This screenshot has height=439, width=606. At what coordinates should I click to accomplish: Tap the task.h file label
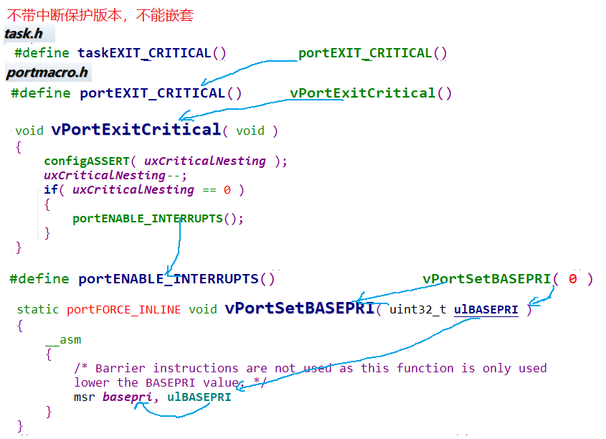click(x=24, y=34)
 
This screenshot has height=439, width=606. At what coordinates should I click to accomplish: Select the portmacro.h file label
click(x=47, y=72)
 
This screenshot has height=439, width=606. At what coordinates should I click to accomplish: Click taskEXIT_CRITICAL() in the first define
click(x=152, y=53)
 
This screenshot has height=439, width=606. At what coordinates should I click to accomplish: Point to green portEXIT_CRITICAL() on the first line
click(x=373, y=53)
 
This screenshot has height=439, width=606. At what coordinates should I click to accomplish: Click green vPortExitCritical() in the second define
click(x=371, y=93)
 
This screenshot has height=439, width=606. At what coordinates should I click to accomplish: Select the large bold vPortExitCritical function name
click(x=136, y=130)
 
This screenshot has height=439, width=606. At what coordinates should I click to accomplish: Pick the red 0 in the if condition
click(x=227, y=189)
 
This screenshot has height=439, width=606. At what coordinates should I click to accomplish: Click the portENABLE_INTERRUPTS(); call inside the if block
click(x=158, y=218)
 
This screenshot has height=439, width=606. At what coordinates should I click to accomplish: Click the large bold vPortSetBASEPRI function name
click(x=300, y=308)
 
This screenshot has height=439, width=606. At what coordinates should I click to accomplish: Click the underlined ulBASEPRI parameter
click(x=486, y=309)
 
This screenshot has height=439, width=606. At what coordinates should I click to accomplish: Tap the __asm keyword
click(x=63, y=339)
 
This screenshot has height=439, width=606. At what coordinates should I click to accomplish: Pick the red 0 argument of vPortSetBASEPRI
click(x=572, y=279)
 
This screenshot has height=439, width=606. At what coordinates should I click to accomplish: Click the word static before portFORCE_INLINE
click(x=39, y=309)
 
